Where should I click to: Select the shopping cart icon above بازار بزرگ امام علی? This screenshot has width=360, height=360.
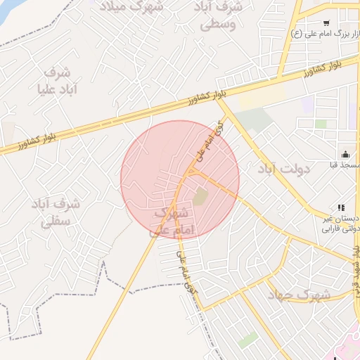tap(326, 22)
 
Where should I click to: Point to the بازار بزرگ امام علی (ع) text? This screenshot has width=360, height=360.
tap(326, 33)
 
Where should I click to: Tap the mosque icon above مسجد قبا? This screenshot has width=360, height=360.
tap(345, 154)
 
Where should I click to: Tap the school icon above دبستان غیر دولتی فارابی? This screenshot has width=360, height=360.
tap(341, 207)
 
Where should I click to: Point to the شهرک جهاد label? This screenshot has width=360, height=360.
tap(298, 295)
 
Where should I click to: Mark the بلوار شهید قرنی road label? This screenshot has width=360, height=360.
tap(356, 267)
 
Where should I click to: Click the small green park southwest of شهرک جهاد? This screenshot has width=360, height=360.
tap(247, 340)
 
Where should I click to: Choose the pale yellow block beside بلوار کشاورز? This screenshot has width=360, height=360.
tap(262, 98)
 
